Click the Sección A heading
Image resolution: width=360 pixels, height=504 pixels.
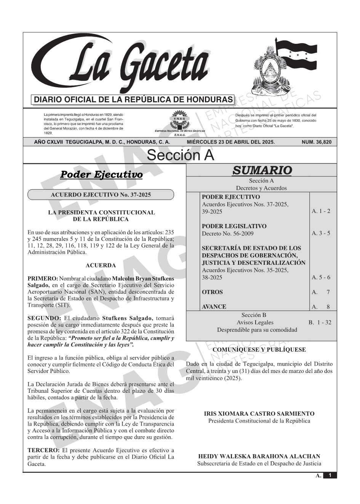[x=180, y=155]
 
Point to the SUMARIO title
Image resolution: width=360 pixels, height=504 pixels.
[x=262, y=170]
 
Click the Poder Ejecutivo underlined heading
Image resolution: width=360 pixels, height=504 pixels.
[x=101, y=175]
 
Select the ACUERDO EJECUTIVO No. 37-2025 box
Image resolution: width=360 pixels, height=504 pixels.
[x=101, y=195]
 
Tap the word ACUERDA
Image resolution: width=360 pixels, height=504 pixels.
[x=101, y=266]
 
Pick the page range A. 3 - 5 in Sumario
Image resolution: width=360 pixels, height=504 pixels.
[x=321, y=233]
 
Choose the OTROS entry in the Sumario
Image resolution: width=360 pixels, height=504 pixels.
[x=212, y=292]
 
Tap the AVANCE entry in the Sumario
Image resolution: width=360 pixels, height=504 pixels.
[x=214, y=307]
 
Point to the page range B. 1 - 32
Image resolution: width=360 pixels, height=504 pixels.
[x=320, y=322]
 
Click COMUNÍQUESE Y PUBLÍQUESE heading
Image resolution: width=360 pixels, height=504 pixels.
[x=259, y=349]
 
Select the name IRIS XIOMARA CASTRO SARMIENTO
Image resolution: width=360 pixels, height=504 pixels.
[x=259, y=414]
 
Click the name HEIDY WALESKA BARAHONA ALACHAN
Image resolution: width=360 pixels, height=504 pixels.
[x=259, y=456]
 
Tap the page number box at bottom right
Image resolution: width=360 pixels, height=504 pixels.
[x=330, y=475]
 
